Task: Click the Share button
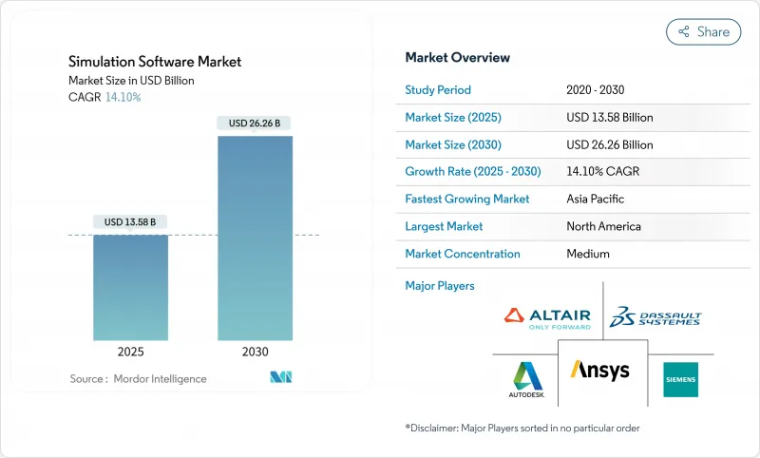(x=703, y=31)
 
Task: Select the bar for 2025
(x=130, y=287)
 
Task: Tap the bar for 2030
(x=255, y=238)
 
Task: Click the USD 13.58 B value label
(x=130, y=221)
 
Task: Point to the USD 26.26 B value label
(x=255, y=123)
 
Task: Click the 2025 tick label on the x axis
(x=130, y=352)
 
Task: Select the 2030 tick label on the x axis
(x=255, y=352)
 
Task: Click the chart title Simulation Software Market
(x=155, y=62)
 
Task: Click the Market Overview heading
(x=457, y=57)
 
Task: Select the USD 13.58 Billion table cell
(x=609, y=118)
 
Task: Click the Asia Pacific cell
(x=595, y=200)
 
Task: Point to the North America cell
(x=603, y=226)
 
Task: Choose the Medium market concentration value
(x=588, y=254)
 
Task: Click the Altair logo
(x=546, y=317)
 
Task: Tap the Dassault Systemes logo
(x=655, y=317)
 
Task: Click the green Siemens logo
(x=680, y=379)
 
